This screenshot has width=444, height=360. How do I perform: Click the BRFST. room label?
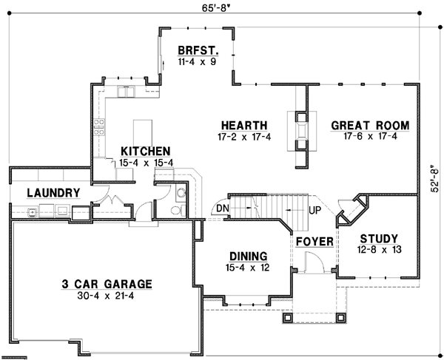click(196, 51)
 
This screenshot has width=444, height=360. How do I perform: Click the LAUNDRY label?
click(53, 193)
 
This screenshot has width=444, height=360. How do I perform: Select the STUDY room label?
click(379, 238)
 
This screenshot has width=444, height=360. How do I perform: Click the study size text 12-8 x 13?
click(379, 250)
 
